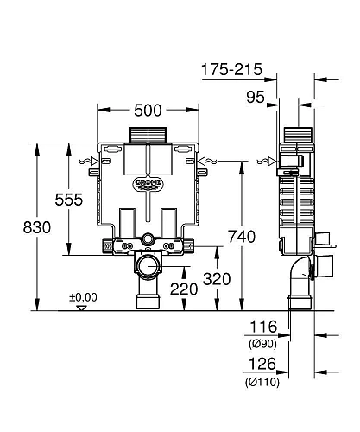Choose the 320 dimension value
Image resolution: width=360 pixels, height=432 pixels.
click(218, 279)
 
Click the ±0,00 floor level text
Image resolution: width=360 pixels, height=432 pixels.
click(85, 297)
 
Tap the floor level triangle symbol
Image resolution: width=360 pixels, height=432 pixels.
click(81, 307)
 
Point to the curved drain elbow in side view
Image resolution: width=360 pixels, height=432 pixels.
click(298, 275)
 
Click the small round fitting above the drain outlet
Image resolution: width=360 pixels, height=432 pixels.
click(149, 238)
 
